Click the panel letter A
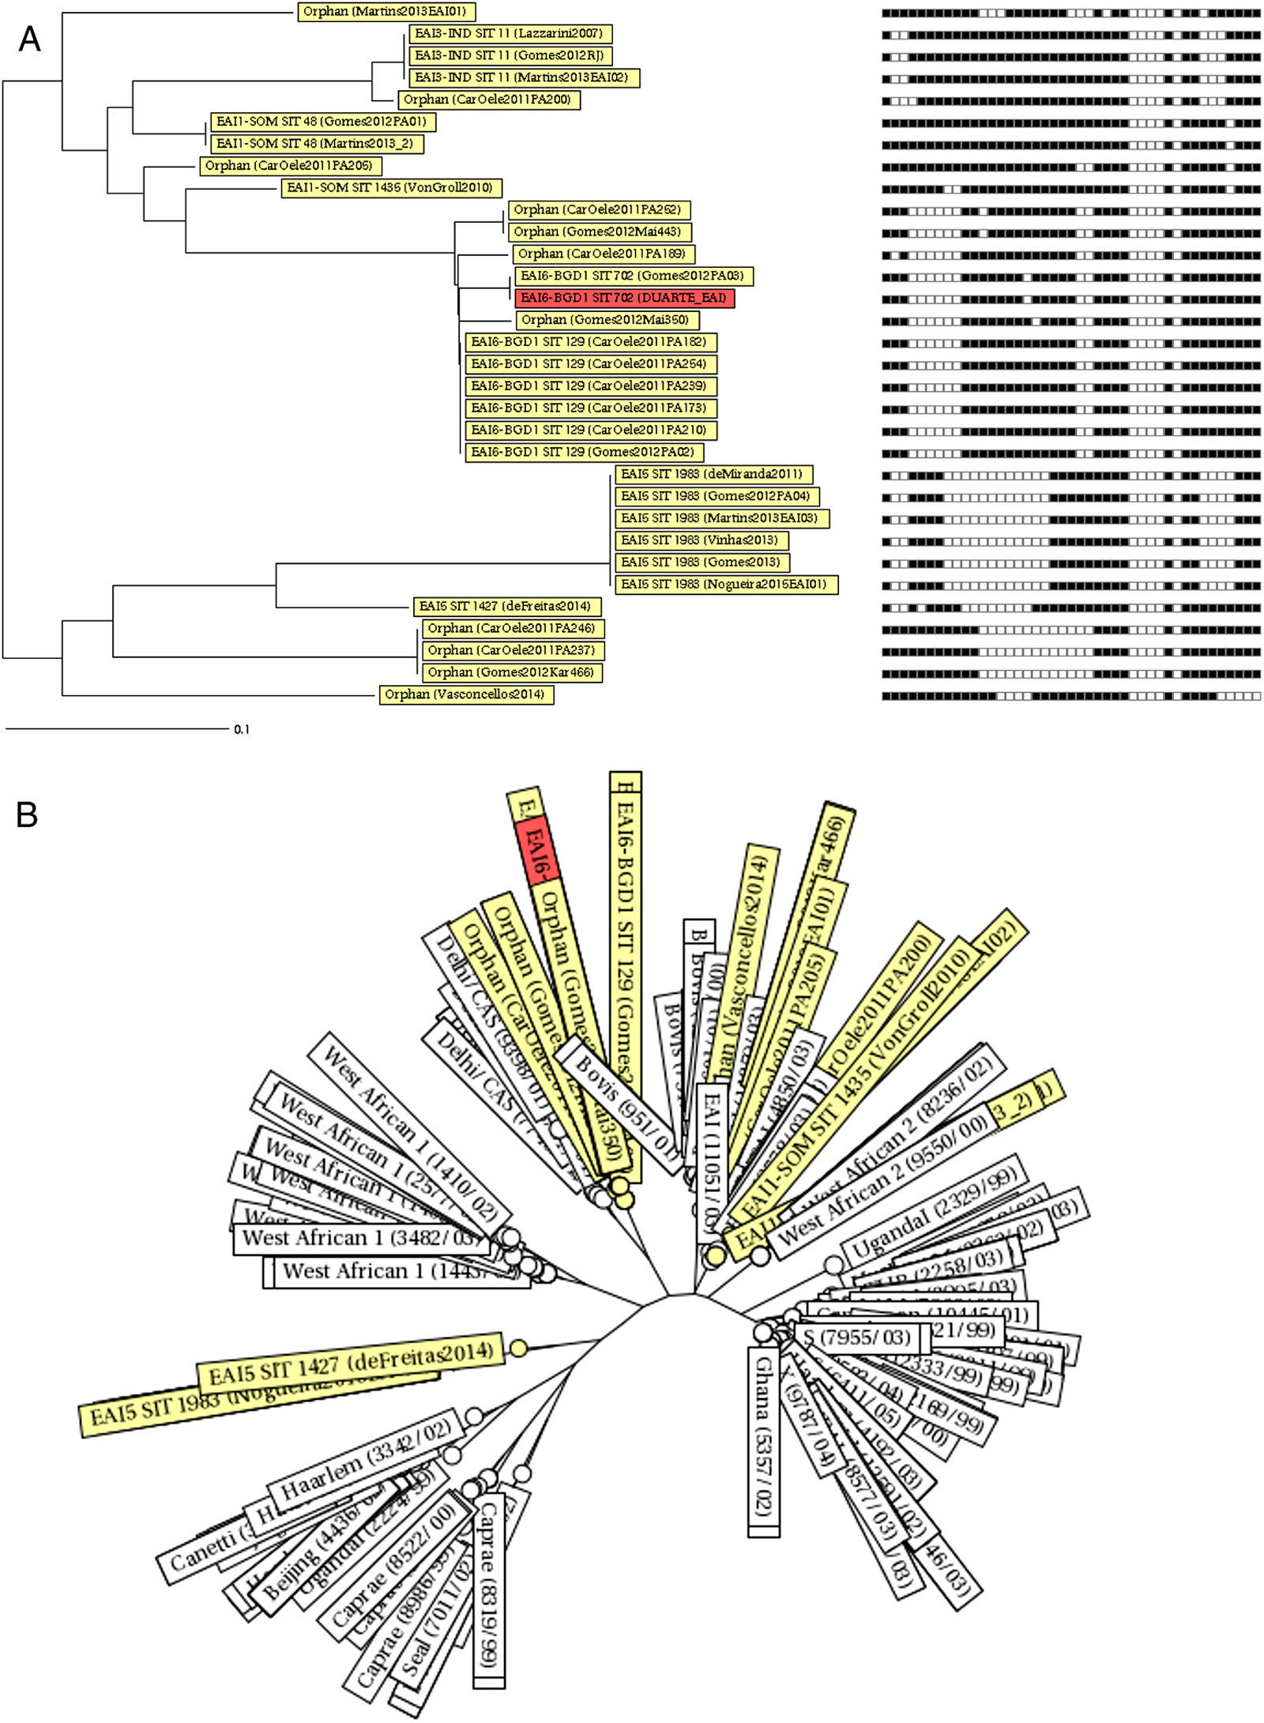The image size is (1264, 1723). (29, 39)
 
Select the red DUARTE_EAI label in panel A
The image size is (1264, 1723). (624, 298)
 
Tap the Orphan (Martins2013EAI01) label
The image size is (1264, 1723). (386, 12)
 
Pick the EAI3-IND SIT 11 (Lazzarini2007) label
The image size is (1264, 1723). (510, 34)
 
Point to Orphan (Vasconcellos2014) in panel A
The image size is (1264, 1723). (466, 694)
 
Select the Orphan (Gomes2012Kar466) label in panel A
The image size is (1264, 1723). (511, 672)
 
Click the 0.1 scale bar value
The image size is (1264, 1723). (242, 730)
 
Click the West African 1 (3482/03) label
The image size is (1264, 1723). (360, 1238)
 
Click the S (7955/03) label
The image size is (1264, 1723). (856, 1338)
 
